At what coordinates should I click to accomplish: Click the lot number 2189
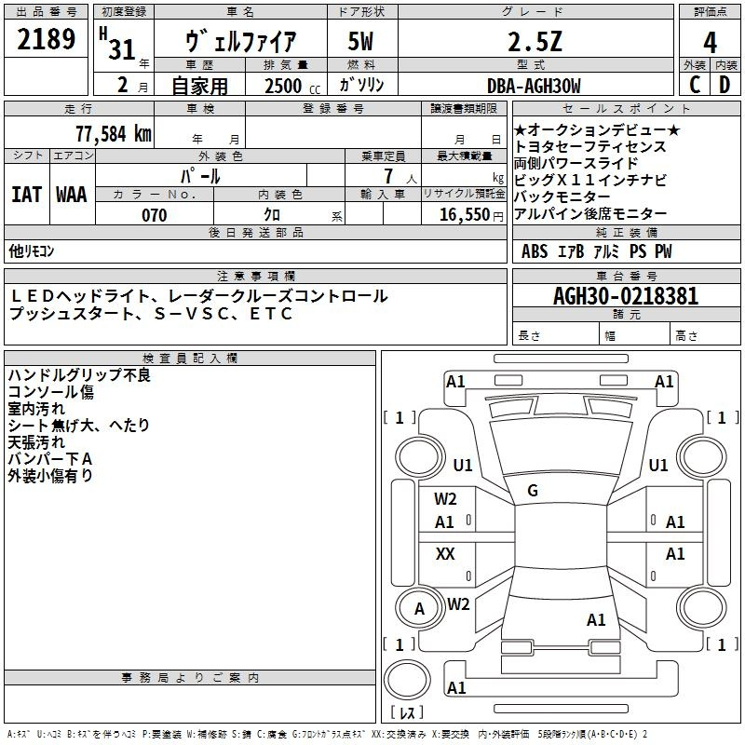(47, 40)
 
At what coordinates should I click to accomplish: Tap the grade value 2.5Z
(533, 42)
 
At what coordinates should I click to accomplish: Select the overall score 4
(710, 43)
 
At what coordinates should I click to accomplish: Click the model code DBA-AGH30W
(533, 86)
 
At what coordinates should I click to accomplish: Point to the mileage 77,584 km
(112, 134)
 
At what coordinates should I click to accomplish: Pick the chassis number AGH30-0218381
(625, 297)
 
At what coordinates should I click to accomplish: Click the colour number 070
(154, 215)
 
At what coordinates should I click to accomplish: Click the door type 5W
(362, 42)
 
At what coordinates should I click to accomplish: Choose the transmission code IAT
(26, 195)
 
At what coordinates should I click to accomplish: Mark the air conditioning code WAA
(72, 195)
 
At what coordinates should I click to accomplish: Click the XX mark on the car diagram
(445, 554)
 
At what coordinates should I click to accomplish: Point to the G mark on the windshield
(533, 491)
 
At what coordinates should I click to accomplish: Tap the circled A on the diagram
(419, 609)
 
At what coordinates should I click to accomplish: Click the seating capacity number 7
(386, 176)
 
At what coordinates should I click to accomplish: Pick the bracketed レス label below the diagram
(407, 712)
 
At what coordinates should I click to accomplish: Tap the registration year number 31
(122, 49)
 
